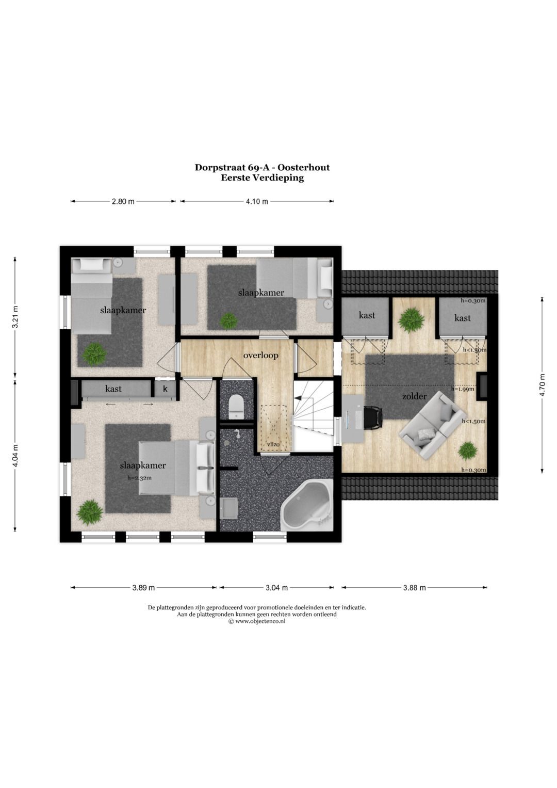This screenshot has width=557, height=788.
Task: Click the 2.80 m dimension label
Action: click(x=123, y=202)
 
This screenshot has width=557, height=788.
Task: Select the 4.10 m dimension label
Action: click(x=257, y=202)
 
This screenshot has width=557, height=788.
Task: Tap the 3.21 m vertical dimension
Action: click(x=15, y=317)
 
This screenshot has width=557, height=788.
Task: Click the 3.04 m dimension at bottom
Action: click(x=276, y=587)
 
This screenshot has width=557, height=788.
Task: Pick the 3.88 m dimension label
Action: click(x=415, y=587)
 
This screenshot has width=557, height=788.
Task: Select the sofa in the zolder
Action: click(x=433, y=425)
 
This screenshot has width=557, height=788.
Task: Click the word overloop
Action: click(x=261, y=355)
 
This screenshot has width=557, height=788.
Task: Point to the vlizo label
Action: click(x=273, y=444)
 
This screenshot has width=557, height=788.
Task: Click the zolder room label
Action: click(x=414, y=396)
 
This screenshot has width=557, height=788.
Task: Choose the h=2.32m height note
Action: click(x=140, y=478)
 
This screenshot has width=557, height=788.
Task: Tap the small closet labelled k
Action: click(x=166, y=389)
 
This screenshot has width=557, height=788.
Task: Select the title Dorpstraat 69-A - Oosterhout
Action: click(x=262, y=167)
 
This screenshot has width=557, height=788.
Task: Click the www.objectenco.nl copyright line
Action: click(x=257, y=621)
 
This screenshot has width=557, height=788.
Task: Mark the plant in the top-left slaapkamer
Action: click(x=94, y=354)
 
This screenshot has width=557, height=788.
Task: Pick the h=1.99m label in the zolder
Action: click(x=462, y=389)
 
